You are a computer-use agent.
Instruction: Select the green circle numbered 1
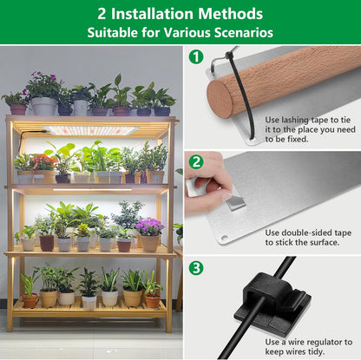pos(196,57)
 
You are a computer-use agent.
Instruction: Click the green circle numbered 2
pos(196,162)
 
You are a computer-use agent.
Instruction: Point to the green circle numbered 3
pos(196,268)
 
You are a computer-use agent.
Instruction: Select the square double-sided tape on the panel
pos(232,203)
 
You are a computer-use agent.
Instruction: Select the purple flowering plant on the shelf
pos(149,227)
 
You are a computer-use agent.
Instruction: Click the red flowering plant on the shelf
pos(42,161)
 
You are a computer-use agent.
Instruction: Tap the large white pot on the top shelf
pos(43,106)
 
